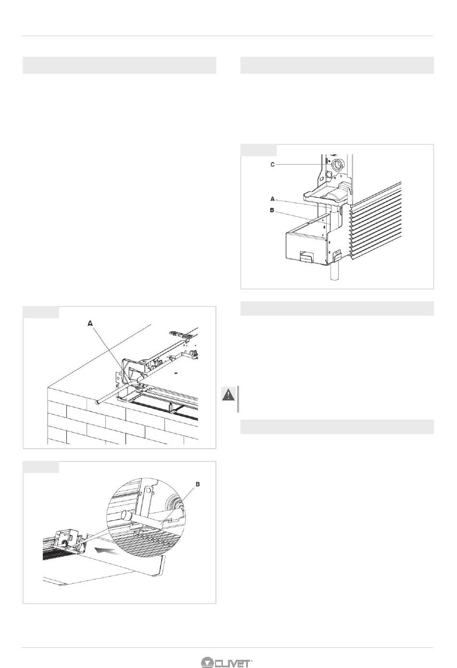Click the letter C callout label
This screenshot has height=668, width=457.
coord(272,164)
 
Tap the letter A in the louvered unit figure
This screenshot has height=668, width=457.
coord(272,199)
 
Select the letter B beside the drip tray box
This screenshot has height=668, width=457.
coord(272,210)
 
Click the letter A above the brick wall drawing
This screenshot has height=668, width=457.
coord(90,323)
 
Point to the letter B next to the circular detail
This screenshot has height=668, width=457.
coord(197,484)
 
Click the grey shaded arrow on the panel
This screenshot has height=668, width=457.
coord(105,551)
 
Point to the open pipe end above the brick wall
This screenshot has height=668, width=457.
coord(97,403)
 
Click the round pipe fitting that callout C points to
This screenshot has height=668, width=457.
coord(338,165)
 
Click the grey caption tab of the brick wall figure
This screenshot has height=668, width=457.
coord(41,312)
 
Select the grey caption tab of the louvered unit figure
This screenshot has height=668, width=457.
coord(258,150)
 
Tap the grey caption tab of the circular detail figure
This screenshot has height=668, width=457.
coord(41,467)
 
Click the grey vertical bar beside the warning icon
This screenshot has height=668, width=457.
coord(238,399)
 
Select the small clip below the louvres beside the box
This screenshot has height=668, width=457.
coord(337,254)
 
